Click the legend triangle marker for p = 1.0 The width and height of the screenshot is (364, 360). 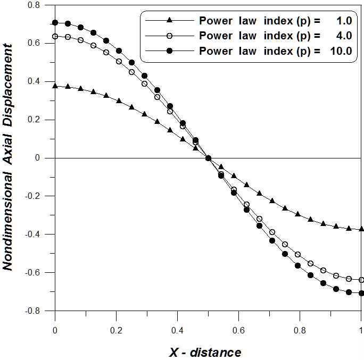point(169,21)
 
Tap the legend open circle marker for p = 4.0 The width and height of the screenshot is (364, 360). point(169,36)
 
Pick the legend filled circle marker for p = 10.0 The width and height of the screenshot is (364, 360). point(169,52)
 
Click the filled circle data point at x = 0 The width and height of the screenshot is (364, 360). point(55,23)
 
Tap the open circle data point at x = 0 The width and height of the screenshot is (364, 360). point(55,36)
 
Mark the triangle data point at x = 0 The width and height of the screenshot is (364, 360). point(55,85)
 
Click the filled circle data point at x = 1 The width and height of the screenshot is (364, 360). point(361,293)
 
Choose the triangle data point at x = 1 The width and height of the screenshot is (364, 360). point(361,229)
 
